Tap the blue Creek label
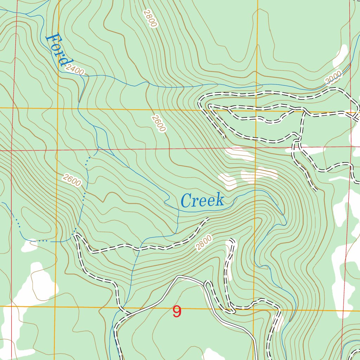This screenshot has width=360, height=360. pos(202,201)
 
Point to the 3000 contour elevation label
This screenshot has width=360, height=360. pos(333,78)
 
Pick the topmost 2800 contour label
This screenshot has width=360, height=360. pos(150,19)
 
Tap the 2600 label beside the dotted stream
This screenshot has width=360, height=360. pos(72,180)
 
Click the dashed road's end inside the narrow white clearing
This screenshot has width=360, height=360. pos(232,240)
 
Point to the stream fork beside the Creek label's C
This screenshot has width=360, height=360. pos(179,210)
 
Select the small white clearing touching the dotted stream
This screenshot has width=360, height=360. pos(29,245)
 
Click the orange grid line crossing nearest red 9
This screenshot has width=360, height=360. pos(254,310)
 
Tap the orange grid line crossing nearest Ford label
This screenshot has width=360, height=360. pos(58,108)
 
